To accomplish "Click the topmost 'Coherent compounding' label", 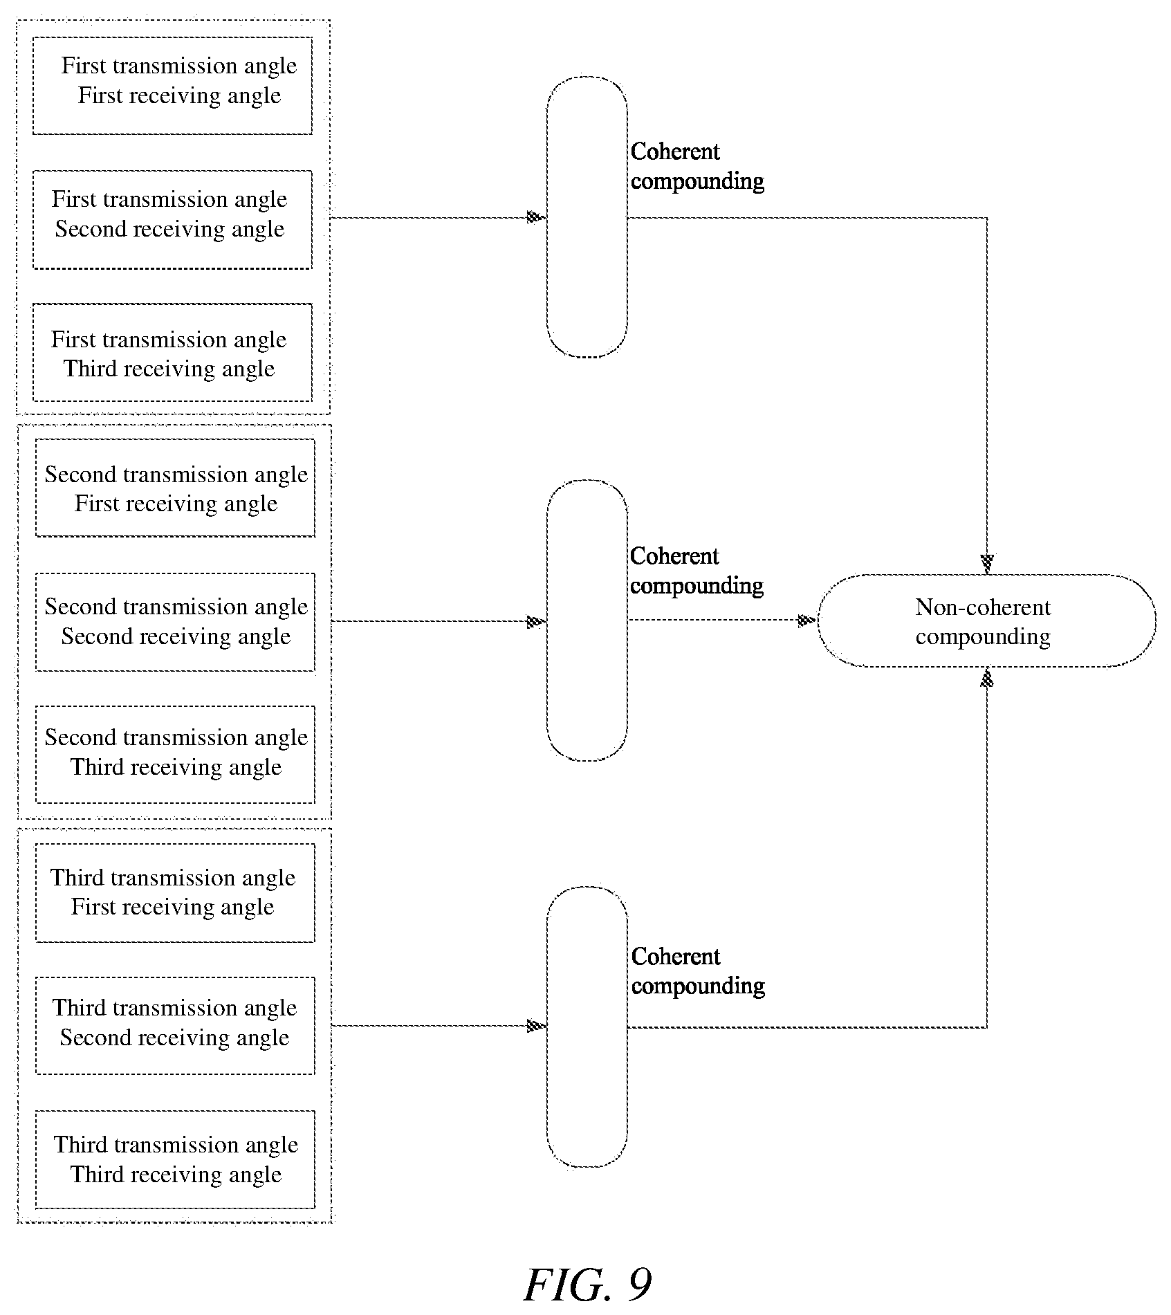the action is coord(697,166).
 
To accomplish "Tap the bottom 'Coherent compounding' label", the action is coord(698,971).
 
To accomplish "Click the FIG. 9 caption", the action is coord(588,1285).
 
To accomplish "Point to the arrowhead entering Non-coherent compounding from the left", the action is coord(807,620).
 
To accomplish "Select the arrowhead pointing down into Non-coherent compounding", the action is coord(987,564).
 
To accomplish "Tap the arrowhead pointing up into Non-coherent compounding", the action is coord(987,679).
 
